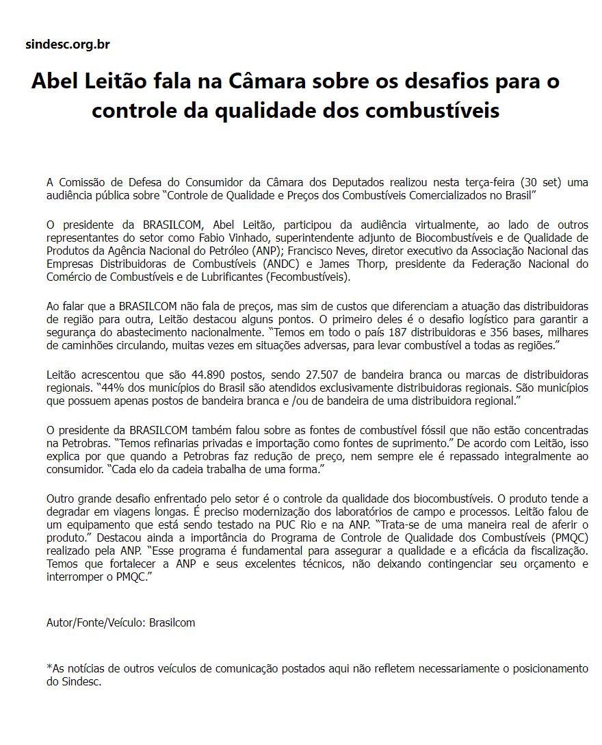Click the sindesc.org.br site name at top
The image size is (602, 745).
pyautogui.click(x=67, y=45)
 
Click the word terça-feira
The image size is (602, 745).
pyautogui.click(x=490, y=182)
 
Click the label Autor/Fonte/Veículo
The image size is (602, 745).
pyautogui.click(x=96, y=622)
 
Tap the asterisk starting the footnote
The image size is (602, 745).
pyautogui.click(x=49, y=668)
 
